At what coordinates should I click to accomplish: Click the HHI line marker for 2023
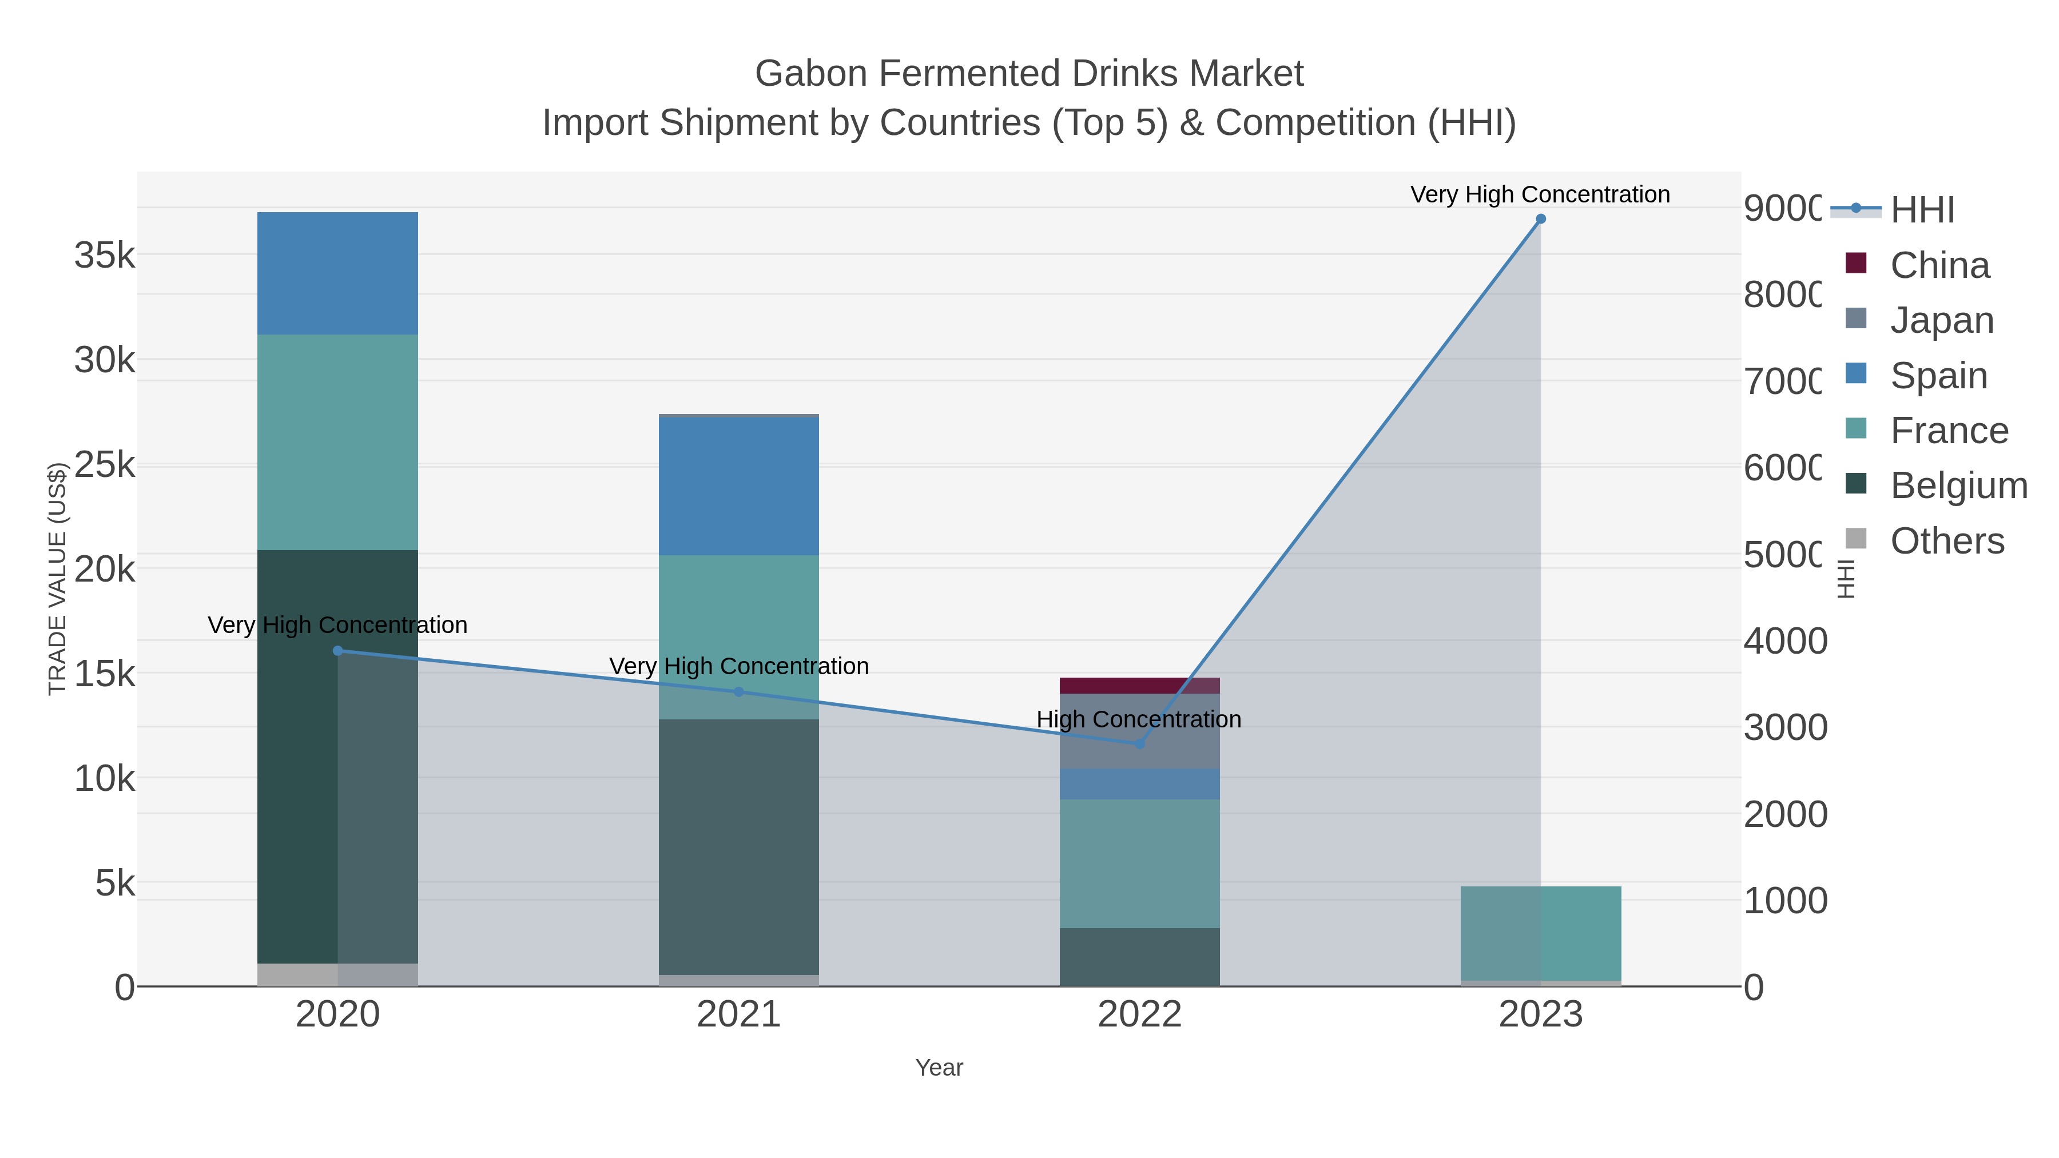[x=1540, y=219]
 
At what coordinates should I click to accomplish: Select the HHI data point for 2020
[x=337, y=651]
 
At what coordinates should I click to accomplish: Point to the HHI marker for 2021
[x=738, y=692]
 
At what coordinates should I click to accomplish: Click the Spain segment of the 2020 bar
[x=337, y=273]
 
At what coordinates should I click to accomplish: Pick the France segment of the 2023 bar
[x=1540, y=933]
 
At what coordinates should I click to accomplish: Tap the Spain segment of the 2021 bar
[x=738, y=486]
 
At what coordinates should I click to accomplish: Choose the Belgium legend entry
[x=1958, y=486]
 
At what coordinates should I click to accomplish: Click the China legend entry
[x=1939, y=265]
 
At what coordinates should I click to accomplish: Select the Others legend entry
[x=1946, y=541]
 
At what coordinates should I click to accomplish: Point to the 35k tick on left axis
[x=105, y=256]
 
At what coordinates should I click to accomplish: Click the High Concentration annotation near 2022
[x=1138, y=719]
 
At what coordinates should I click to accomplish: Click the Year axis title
[x=939, y=1068]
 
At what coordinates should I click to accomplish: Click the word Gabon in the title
[x=810, y=74]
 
